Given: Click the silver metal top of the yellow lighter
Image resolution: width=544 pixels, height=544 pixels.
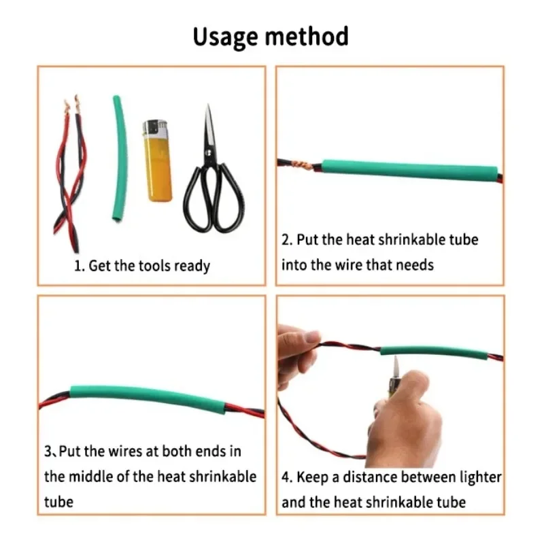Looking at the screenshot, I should [x=156, y=128].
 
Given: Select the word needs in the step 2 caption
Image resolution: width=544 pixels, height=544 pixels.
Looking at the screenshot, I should [x=415, y=265].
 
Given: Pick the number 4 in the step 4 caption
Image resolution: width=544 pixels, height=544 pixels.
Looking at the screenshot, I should [x=285, y=477].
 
